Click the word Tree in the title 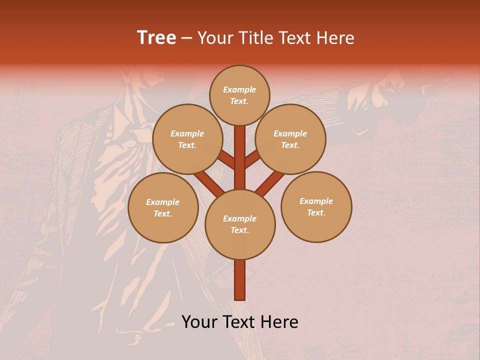156,38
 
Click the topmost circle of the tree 239,95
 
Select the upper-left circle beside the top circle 187,139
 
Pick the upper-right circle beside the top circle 290,139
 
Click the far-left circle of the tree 163,207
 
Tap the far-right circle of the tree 316,206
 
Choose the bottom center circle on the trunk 240,224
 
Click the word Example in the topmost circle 239,89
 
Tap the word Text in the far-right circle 316,212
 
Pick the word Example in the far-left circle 162,202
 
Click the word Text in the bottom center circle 239,230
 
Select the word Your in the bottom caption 199,322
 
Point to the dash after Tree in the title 187,38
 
